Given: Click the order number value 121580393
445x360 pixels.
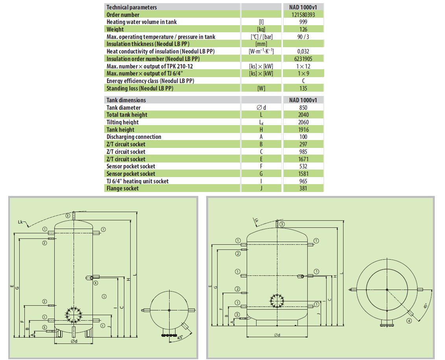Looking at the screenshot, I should click(x=303, y=15).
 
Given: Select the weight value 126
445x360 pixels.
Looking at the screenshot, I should click(x=303, y=29).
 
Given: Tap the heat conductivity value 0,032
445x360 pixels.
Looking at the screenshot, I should click(x=303, y=51).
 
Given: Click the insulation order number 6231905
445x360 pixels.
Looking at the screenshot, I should click(x=303, y=59).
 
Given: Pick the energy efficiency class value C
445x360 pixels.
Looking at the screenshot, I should click(x=303, y=81).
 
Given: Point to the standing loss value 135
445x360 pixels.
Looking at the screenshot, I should click(x=303, y=88).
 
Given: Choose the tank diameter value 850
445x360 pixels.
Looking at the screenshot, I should click(x=303, y=107).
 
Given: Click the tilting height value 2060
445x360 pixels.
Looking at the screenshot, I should click(x=303, y=122).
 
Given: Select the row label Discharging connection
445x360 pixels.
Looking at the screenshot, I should click(x=134, y=137).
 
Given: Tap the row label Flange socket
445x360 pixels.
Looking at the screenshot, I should click(x=122, y=188).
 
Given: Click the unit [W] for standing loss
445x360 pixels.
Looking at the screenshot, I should click(x=261, y=88).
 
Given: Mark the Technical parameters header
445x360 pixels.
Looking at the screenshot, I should click(x=131, y=7).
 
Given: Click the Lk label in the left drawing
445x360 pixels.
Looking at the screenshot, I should click(x=22, y=223).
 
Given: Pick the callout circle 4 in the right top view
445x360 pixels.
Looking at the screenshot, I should click(x=409, y=321).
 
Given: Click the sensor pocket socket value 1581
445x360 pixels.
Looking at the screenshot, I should click(x=303, y=174).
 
